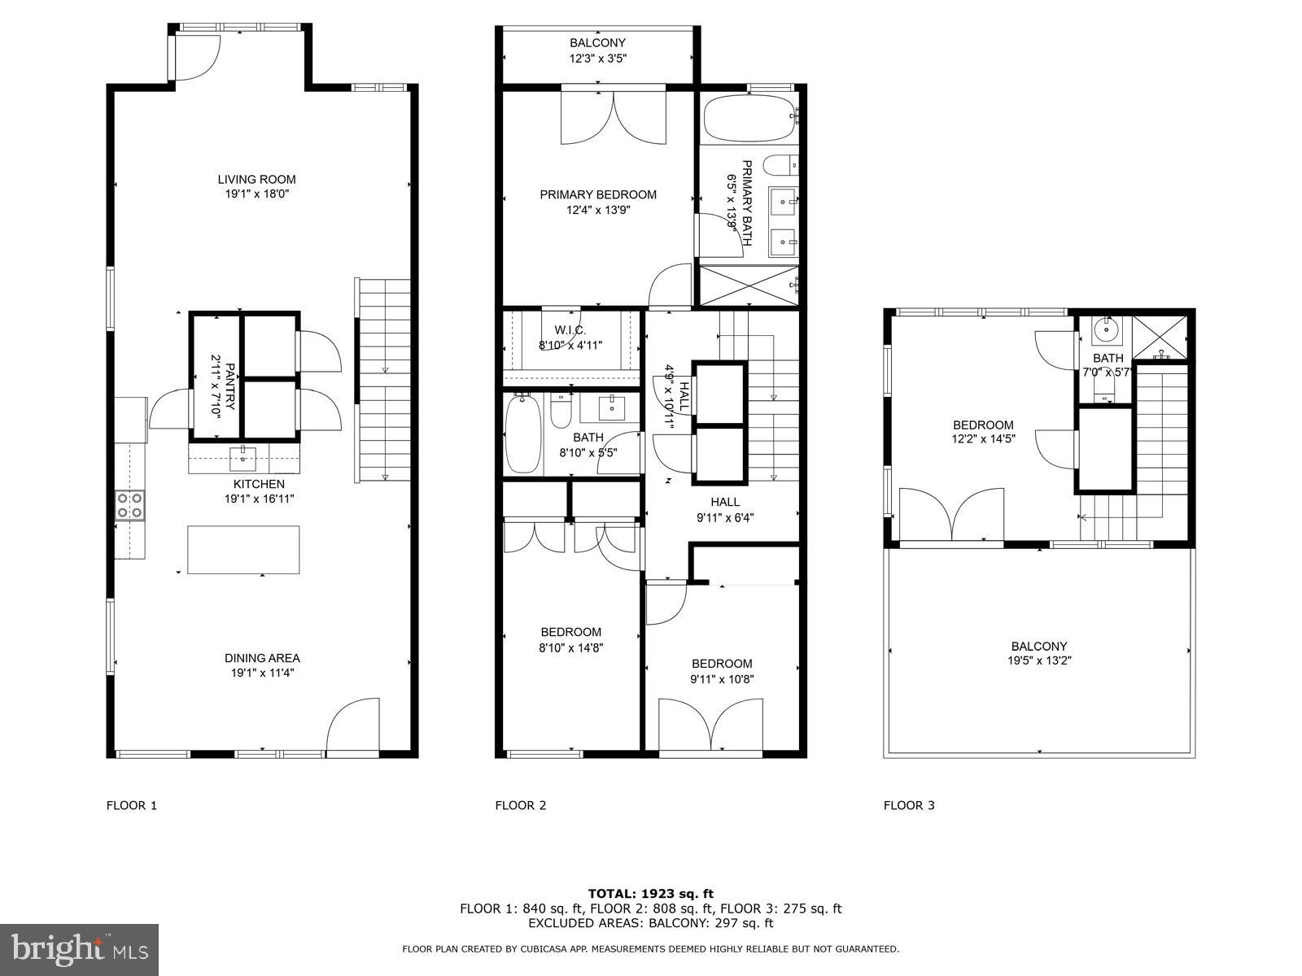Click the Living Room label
coord(256,180)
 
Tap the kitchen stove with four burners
coord(129,505)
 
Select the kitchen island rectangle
coord(243,550)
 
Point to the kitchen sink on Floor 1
coord(242,459)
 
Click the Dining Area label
coord(262,658)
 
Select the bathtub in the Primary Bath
coord(748,119)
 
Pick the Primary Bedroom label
coord(598,194)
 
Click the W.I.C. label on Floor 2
coord(570,330)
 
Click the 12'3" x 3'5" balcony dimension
coord(597,59)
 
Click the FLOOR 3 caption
coord(909,805)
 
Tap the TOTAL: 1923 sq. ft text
coord(650,894)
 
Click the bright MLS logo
coord(79,949)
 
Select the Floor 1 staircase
coord(384,380)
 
